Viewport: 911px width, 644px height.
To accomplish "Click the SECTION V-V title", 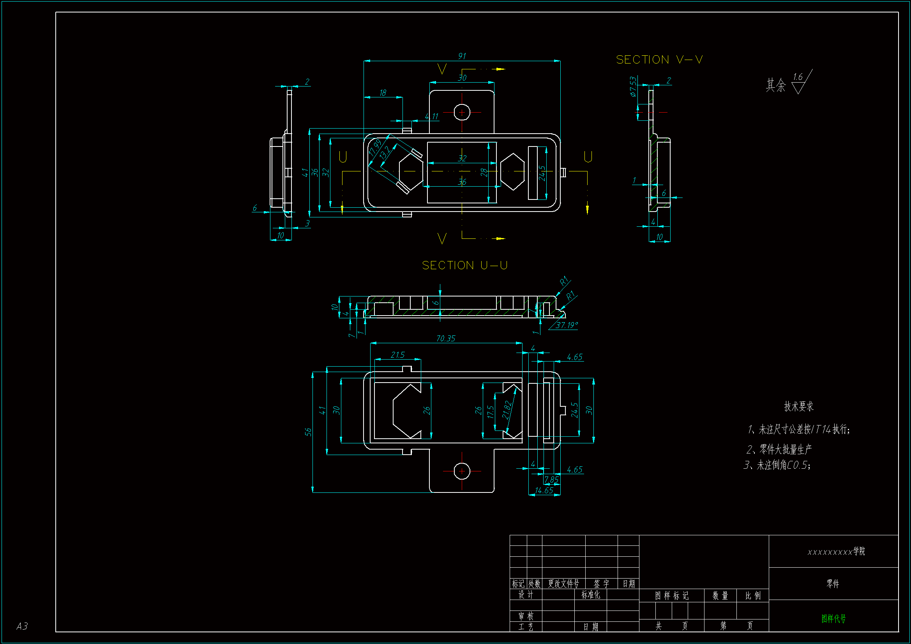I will [x=659, y=60].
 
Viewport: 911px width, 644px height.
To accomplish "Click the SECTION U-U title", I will [x=464, y=265].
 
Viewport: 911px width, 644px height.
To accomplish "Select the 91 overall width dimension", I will [x=462, y=56].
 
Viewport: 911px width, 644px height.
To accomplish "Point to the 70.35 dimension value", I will [x=446, y=339].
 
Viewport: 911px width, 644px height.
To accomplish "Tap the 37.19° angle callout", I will [x=567, y=325].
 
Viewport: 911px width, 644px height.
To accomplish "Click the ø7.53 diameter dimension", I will [x=633, y=86].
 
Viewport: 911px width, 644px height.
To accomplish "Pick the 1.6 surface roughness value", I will [x=798, y=77].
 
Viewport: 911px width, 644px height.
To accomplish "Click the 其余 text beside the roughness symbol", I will [x=775, y=85].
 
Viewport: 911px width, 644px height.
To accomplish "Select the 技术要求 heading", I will [x=798, y=406].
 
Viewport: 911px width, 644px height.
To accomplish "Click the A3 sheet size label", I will [x=22, y=626].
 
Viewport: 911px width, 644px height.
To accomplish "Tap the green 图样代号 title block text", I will [x=833, y=618].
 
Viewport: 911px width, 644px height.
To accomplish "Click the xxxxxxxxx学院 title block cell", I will [x=836, y=552].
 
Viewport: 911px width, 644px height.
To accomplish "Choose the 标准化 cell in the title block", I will [x=591, y=595].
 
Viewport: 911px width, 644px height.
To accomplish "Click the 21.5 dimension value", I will [x=397, y=355].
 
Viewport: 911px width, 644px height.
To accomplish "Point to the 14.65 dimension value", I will [x=544, y=490].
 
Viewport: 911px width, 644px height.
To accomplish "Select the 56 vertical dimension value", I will [x=308, y=432].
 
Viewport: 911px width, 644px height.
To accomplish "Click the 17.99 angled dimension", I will [x=374, y=147].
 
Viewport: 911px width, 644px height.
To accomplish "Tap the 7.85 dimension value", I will [x=551, y=480].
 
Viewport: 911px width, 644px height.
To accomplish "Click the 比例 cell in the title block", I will [x=753, y=596].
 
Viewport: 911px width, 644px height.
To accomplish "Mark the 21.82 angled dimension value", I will [x=507, y=410].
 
